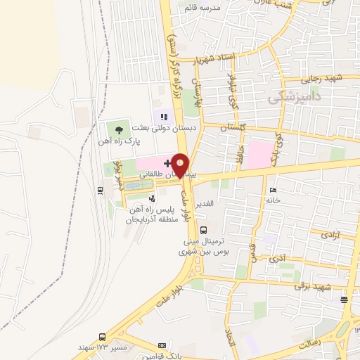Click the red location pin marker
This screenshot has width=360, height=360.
[x=181, y=165]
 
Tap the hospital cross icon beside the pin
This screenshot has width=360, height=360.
[x=167, y=163]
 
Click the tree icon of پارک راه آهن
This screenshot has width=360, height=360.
[x=118, y=129]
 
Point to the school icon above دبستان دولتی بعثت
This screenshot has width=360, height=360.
[x=163, y=117]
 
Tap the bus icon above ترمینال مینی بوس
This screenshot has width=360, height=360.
[x=204, y=229]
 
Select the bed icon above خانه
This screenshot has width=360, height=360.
[x=273, y=190]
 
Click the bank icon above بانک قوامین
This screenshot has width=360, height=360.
[x=163, y=345]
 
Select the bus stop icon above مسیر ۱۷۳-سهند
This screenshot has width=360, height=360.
[x=103, y=337]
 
